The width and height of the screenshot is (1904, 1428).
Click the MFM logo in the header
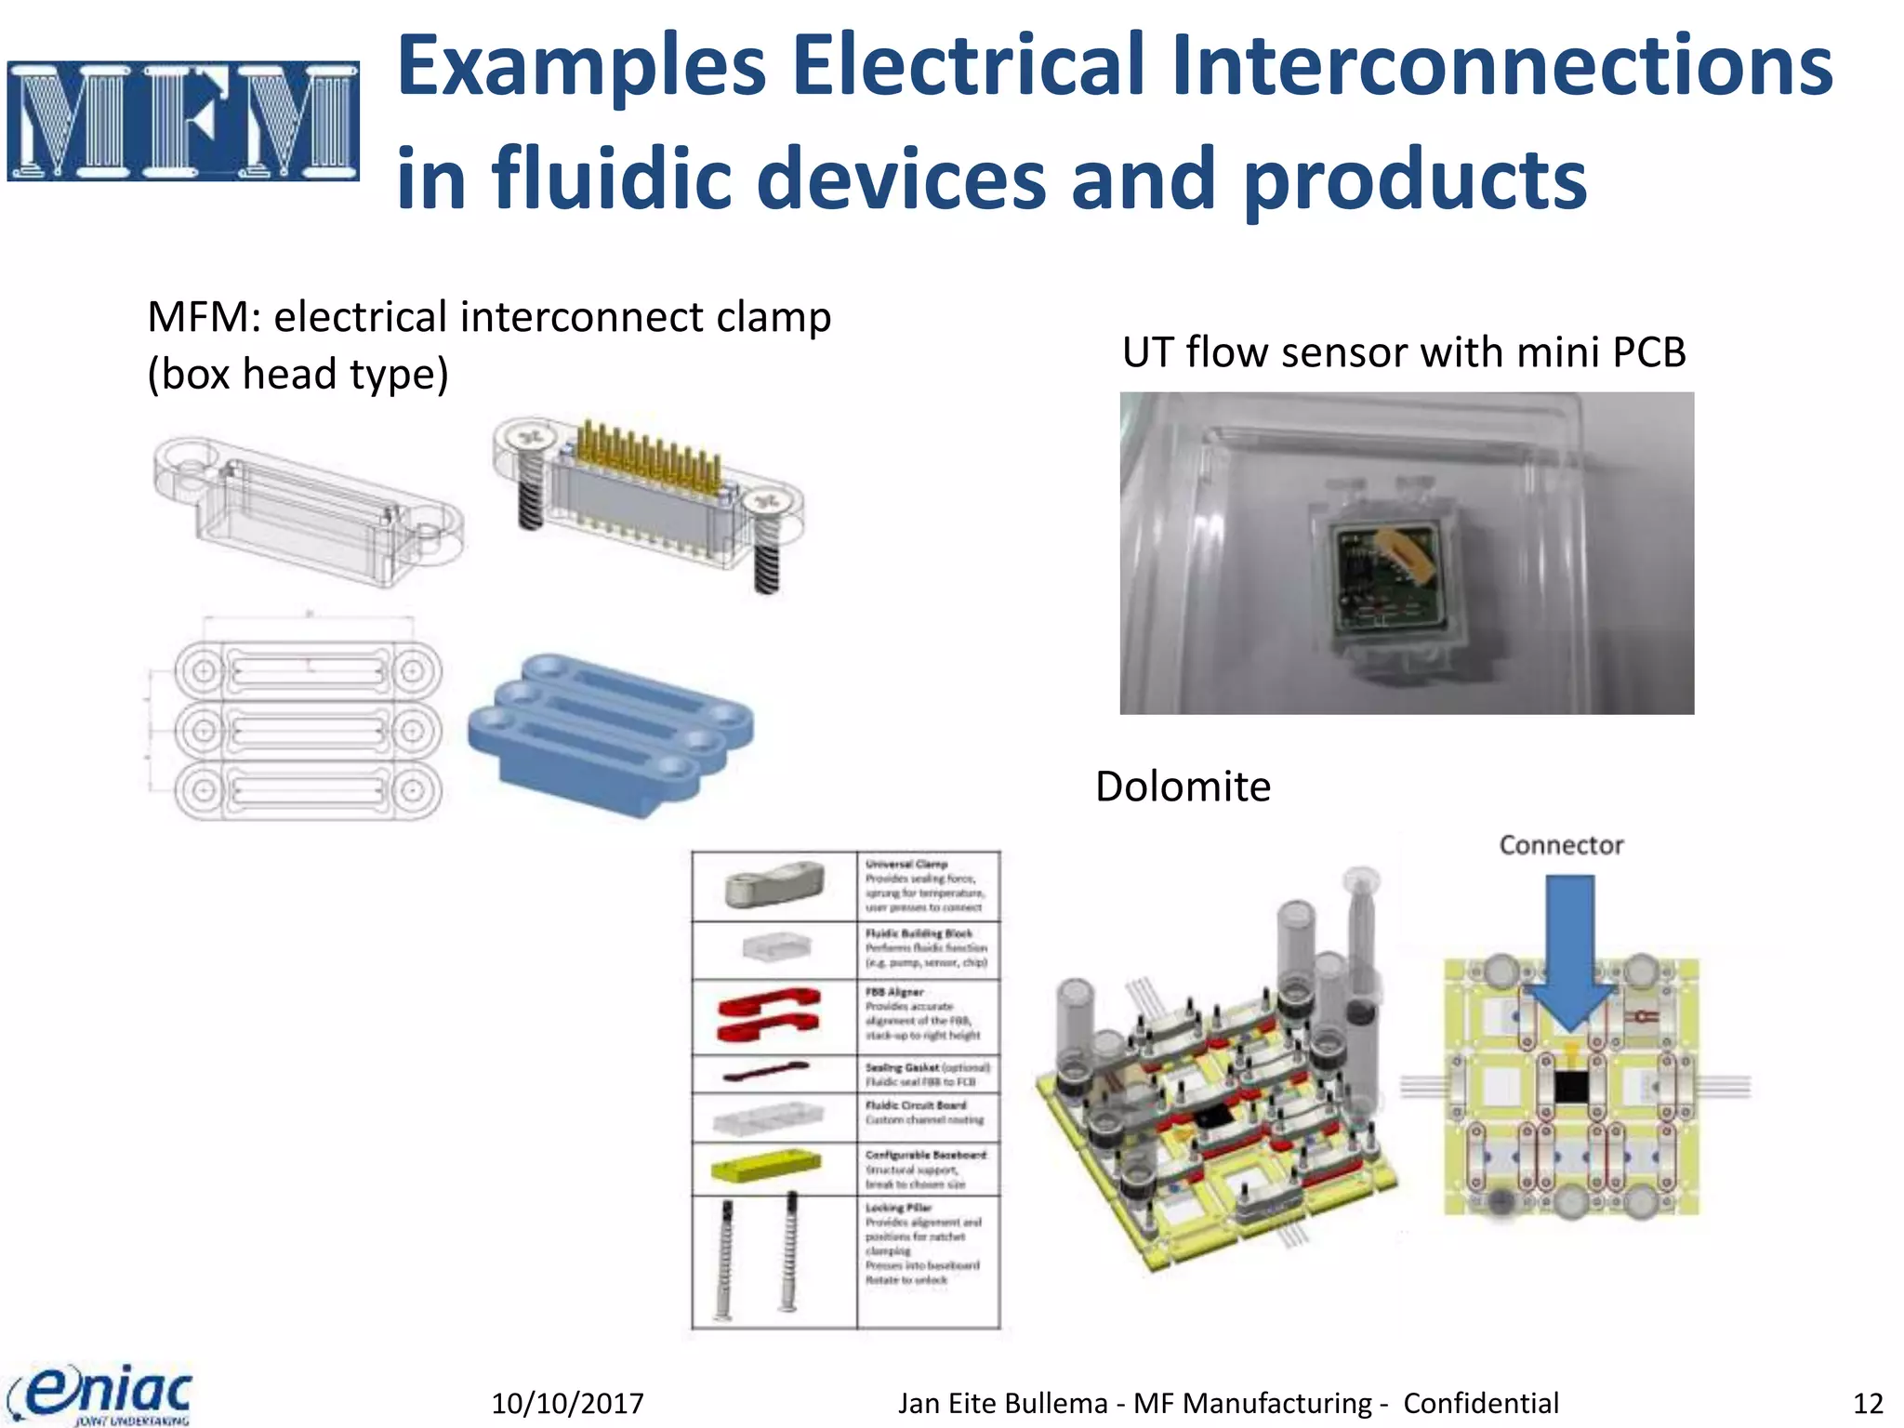point(183,121)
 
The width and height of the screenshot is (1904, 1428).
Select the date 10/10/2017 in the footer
point(567,1403)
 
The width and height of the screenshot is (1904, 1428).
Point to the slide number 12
point(1868,1403)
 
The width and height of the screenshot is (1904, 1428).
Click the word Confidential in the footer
point(1480,1403)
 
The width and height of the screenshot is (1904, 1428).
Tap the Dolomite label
point(1183,787)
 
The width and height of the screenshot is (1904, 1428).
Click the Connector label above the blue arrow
point(1561,845)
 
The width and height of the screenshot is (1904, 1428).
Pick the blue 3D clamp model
point(610,734)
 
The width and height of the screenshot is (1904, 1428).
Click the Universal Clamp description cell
point(926,885)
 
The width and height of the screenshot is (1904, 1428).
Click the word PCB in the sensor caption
point(1648,352)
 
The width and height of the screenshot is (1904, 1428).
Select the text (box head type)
point(297,375)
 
